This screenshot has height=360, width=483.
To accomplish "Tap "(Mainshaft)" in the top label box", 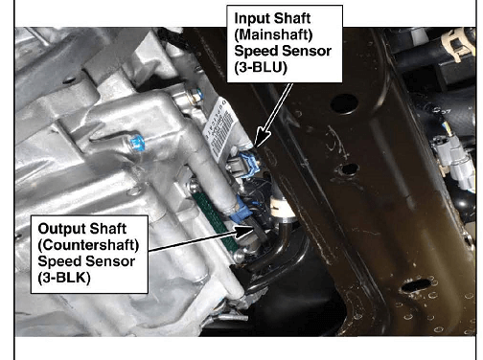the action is click(x=273, y=34).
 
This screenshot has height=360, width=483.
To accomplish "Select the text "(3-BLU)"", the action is click(x=261, y=67).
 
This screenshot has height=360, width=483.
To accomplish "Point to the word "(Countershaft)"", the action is click(x=88, y=245).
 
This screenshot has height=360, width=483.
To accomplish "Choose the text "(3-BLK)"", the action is click(x=64, y=278).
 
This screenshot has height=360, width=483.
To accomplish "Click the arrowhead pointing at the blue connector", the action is click(x=262, y=139).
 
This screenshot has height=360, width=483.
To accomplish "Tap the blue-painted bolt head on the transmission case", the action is click(x=137, y=144).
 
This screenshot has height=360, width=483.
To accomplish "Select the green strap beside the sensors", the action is click(x=215, y=220).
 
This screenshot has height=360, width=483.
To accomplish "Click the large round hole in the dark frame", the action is click(x=344, y=104).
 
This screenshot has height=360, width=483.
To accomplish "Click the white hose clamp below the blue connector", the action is click(x=281, y=209).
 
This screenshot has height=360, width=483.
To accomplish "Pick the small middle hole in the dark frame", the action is click(x=350, y=169).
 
